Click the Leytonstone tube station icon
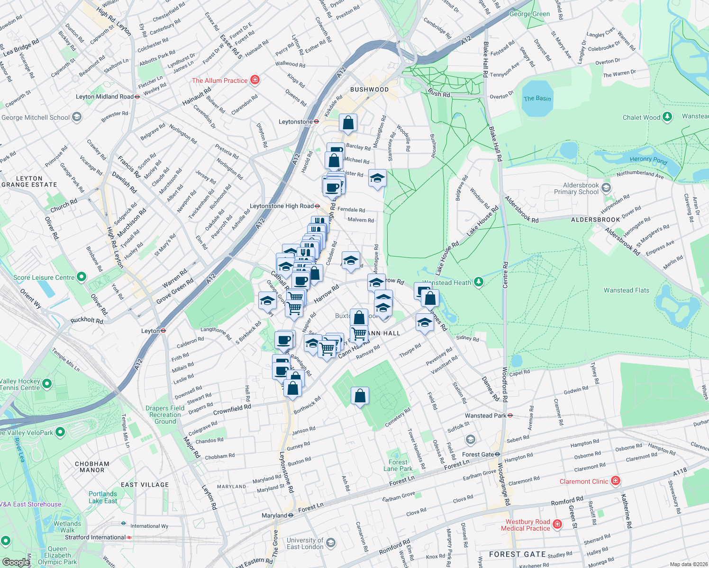click(317, 122)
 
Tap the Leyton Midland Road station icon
click(137, 97)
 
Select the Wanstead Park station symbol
click(510, 416)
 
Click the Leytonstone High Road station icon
click(317, 206)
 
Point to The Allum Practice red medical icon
click(255, 80)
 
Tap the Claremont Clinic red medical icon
click(616, 481)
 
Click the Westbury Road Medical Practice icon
click(557, 524)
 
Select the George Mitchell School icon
click(77, 117)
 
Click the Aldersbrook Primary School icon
click(606, 188)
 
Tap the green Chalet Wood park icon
click(667, 117)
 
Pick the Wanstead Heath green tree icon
click(479, 283)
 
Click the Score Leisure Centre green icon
click(82, 277)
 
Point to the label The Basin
click(537, 98)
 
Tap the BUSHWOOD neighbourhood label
click(369, 89)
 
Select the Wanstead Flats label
click(626, 290)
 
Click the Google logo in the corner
click(16, 562)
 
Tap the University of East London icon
click(331, 543)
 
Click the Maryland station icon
click(291, 515)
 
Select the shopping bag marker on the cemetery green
click(360, 396)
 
